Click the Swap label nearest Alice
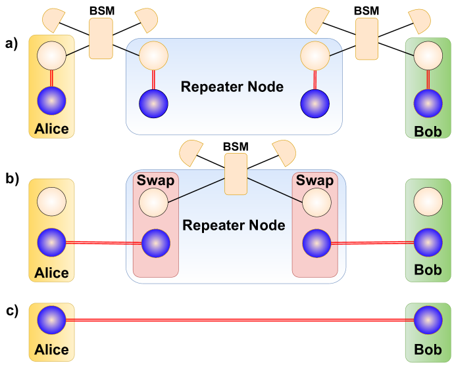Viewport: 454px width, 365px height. click(x=155, y=180)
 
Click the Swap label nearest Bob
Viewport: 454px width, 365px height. click(x=315, y=180)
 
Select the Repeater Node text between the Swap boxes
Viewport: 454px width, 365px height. click(x=234, y=225)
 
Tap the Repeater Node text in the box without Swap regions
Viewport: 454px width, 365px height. click(x=232, y=87)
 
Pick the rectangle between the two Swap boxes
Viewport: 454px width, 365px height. click(x=236, y=174)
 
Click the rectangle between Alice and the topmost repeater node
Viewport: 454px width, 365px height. click(x=101, y=39)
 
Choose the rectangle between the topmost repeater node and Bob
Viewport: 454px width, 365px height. click(x=366, y=39)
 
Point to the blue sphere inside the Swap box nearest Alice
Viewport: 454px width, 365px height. click(x=156, y=243)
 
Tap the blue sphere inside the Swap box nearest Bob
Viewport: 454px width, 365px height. click(x=316, y=243)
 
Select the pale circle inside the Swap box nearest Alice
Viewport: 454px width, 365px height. click(x=155, y=202)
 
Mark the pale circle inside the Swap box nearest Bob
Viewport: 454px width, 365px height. click(x=316, y=202)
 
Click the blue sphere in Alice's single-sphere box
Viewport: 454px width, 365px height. click(x=51, y=320)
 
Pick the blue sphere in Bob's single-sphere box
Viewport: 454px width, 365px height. click(x=428, y=320)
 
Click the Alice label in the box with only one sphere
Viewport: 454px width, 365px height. click(x=51, y=349)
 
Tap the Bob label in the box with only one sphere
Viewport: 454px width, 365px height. click(x=428, y=349)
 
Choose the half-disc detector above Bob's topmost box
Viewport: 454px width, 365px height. click(x=419, y=21)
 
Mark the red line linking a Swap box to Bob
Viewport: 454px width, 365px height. click(x=372, y=243)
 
